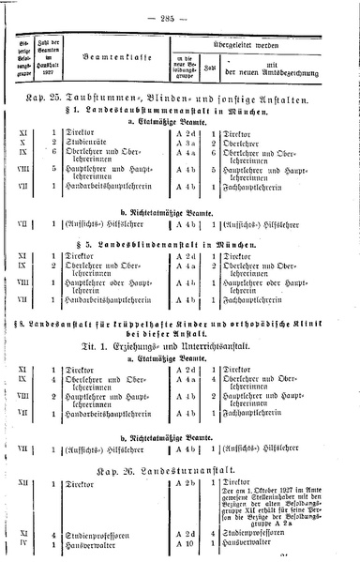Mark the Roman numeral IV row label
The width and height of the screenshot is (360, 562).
pos(23,543)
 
